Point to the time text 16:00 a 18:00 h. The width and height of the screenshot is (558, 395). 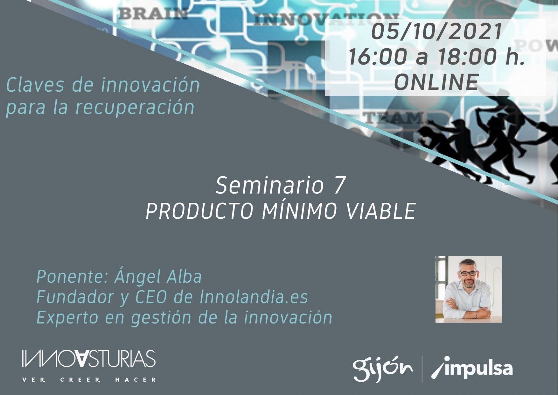pos(436,57)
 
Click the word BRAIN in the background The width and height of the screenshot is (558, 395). pos(153,14)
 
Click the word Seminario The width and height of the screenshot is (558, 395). pos(269,186)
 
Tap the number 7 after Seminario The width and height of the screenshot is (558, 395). pos(339,186)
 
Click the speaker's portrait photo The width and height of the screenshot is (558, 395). pos(468,289)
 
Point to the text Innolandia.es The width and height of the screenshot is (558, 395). pos(254,297)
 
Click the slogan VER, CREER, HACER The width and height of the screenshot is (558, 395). pos(89,380)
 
